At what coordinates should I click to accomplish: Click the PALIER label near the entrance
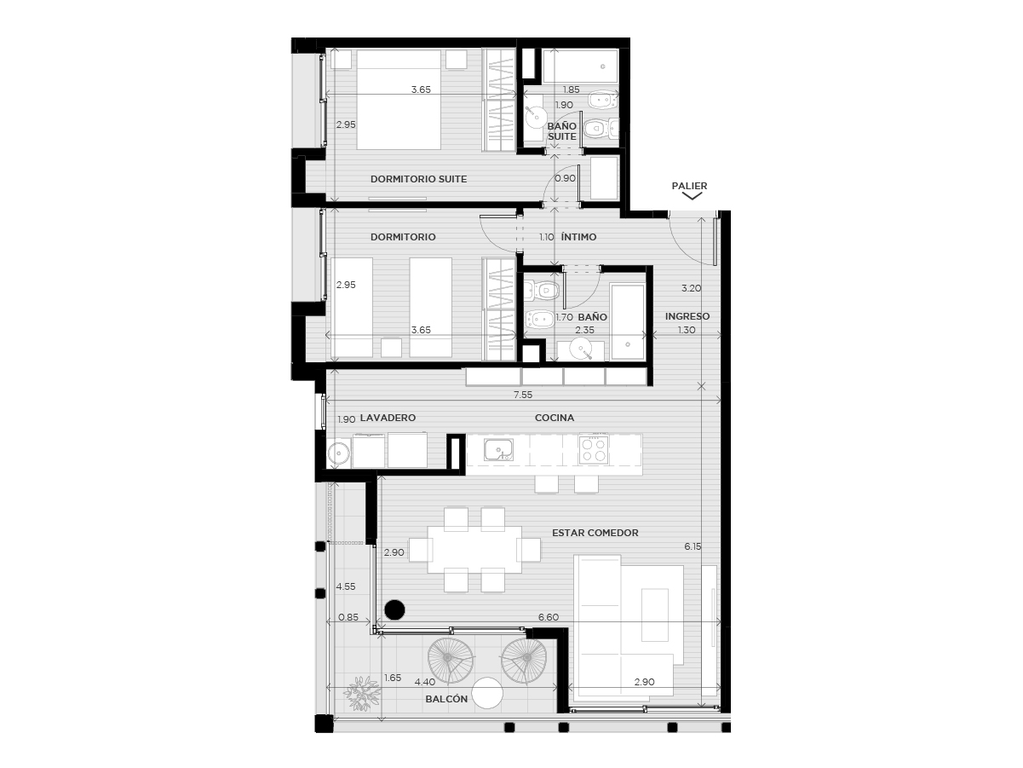click(x=689, y=186)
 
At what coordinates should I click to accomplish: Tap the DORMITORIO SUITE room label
click(x=418, y=179)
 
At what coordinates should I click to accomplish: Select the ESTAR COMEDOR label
click(x=595, y=533)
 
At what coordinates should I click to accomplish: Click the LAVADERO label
click(x=388, y=418)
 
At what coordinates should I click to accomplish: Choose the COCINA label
click(x=555, y=418)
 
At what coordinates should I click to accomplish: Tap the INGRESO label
click(x=687, y=316)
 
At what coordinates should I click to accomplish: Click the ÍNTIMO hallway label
click(x=579, y=237)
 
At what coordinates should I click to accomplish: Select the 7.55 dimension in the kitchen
click(x=523, y=395)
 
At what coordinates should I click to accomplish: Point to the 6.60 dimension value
click(x=549, y=617)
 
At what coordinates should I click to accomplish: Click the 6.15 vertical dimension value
click(x=693, y=546)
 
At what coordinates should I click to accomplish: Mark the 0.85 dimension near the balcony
click(x=348, y=617)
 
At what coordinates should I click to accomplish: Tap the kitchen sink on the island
click(x=498, y=450)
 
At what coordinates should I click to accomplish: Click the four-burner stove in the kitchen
click(x=594, y=449)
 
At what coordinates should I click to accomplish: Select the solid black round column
click(x=394, y=610)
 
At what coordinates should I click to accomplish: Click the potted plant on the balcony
click(x=362, y=693)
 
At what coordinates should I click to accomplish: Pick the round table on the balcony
click(x=487, y=692)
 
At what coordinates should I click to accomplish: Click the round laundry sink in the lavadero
click(x=338, y=453)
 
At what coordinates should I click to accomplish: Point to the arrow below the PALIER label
click(x=692, y=196)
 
